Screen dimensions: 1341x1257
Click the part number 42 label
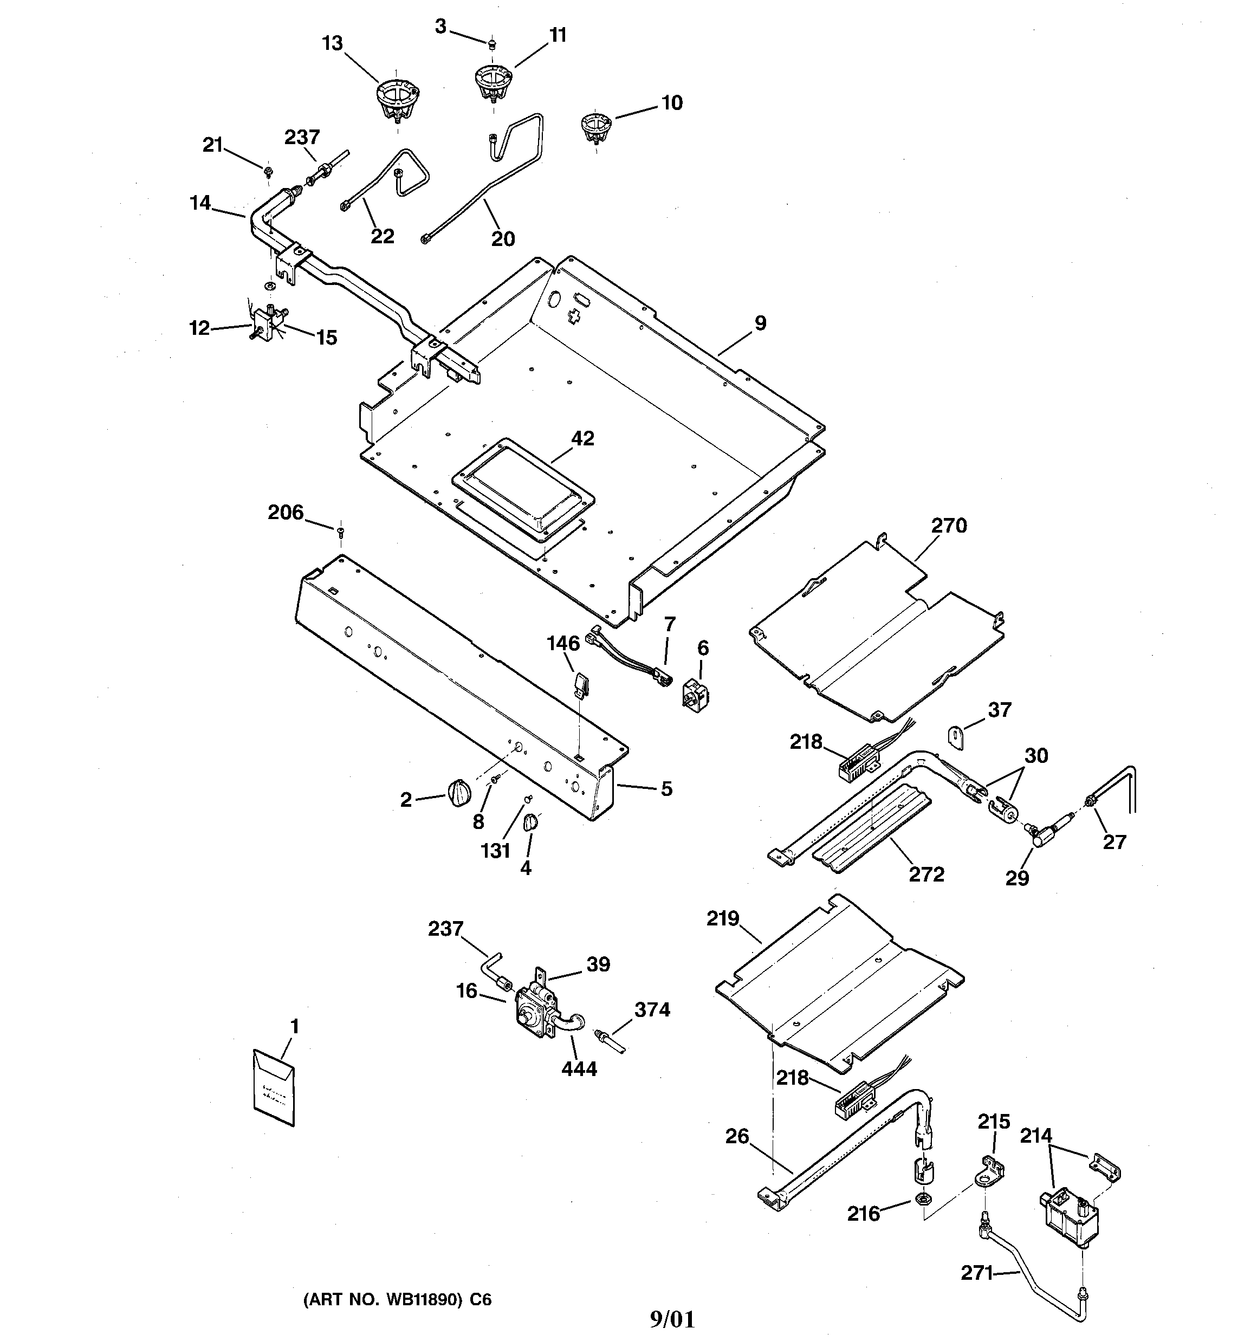(x=582, y=438)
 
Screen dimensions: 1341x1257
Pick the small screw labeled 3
(x=492, y=44)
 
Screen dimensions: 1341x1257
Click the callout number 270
(x=949, y=526)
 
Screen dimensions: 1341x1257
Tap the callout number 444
(x=579, y=1068)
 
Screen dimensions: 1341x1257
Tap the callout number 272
(x=926, y=874)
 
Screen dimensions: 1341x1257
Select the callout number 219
(x=723, y=919)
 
